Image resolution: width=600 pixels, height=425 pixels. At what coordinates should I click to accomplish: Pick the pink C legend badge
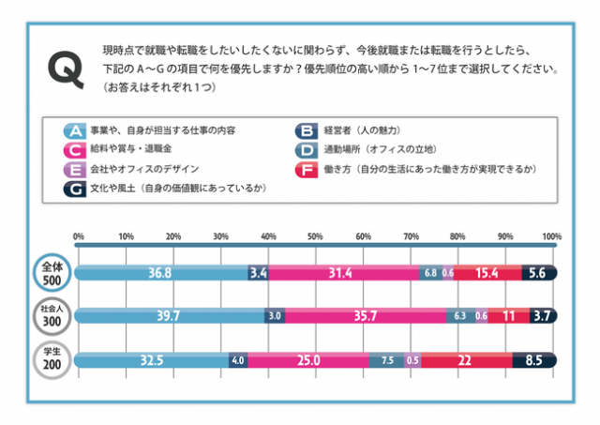pos(75,149)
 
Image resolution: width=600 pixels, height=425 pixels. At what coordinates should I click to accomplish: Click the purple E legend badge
pos(75,169)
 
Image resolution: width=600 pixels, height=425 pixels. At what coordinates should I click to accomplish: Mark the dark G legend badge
pos(75,188)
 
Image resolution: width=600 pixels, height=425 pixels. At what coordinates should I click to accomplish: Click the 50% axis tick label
pos(316,235)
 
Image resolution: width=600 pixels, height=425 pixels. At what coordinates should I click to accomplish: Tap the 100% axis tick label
pos(551,235)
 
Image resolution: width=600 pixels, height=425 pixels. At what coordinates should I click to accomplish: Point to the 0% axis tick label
pos(79,235)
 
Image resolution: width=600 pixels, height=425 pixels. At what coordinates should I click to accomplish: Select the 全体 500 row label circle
pos(52,273)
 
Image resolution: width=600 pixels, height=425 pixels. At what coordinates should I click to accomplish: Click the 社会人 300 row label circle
pos(52,316)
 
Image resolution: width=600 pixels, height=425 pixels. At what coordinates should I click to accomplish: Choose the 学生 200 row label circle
pos(52,359)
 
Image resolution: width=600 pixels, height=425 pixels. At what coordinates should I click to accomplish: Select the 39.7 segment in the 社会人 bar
pos(169,316)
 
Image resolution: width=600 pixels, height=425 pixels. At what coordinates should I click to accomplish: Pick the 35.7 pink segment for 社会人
pos(366,316)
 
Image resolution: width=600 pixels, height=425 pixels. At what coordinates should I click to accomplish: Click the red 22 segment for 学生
pos(465,359)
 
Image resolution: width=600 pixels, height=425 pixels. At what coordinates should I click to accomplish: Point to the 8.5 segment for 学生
pos(534,359)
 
